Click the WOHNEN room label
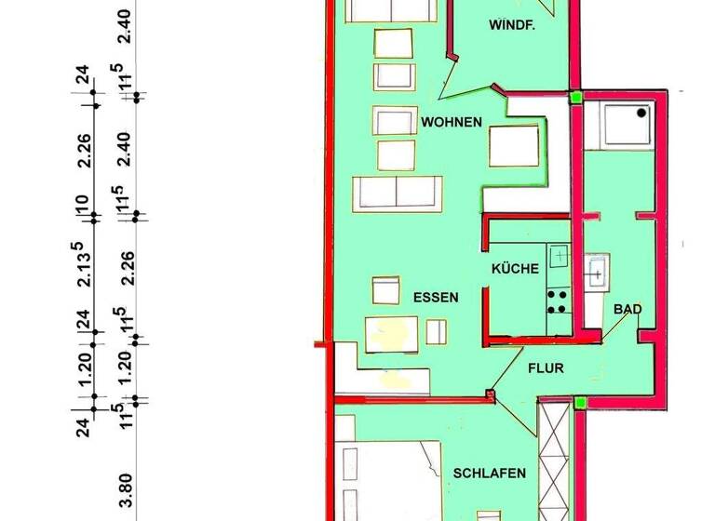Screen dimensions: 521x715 (451, 123)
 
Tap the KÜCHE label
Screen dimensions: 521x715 (516, 269)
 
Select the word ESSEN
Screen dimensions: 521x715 (436, 298)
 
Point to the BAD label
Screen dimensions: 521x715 (627, 309)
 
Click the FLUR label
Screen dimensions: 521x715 (546, 368)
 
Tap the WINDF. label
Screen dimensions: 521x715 (511, 26)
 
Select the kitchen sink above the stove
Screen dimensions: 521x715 (559, 254)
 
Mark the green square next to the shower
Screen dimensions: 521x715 (576, 96)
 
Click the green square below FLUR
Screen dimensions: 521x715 (579, 403)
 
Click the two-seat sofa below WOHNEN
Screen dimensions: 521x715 (396, 192)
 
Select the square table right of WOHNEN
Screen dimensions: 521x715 (515, 146)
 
